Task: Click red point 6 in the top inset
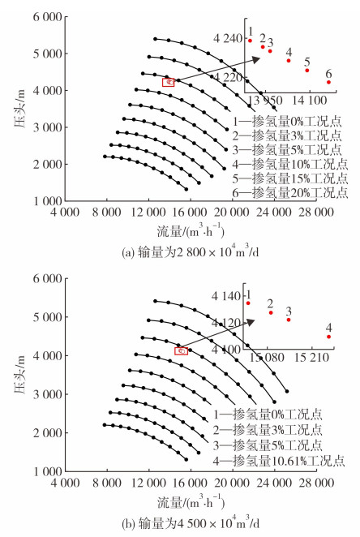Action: click(x=328, y=82)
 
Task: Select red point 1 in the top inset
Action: click(x=250, y=41)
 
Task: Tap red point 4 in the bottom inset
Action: click(x=329, y=337)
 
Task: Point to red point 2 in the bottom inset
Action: click(x=271, y=312)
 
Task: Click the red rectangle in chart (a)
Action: click(x=168, y=82)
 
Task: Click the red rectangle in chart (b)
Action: click(x=181, y=351)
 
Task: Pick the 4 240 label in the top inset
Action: click(x=228, y=38)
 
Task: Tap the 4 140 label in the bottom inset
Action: click(x=226, y=296)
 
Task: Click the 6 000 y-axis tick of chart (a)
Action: click(x=48, y=16)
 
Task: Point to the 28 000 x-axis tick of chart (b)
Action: click(x=316, y=483)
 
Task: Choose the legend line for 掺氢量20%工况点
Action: click(x=289, y=193)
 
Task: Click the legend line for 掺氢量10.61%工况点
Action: click(x=279, y=461)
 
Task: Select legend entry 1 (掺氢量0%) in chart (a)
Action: click(x=287, y=122)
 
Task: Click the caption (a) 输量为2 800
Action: click(x=191, y=253)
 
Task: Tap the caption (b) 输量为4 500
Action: click(x=191, y=523)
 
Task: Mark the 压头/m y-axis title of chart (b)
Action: click(x=19, y=375)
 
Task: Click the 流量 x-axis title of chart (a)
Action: click(x=191, y=231)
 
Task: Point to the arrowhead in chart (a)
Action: click(x=256, y=59)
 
